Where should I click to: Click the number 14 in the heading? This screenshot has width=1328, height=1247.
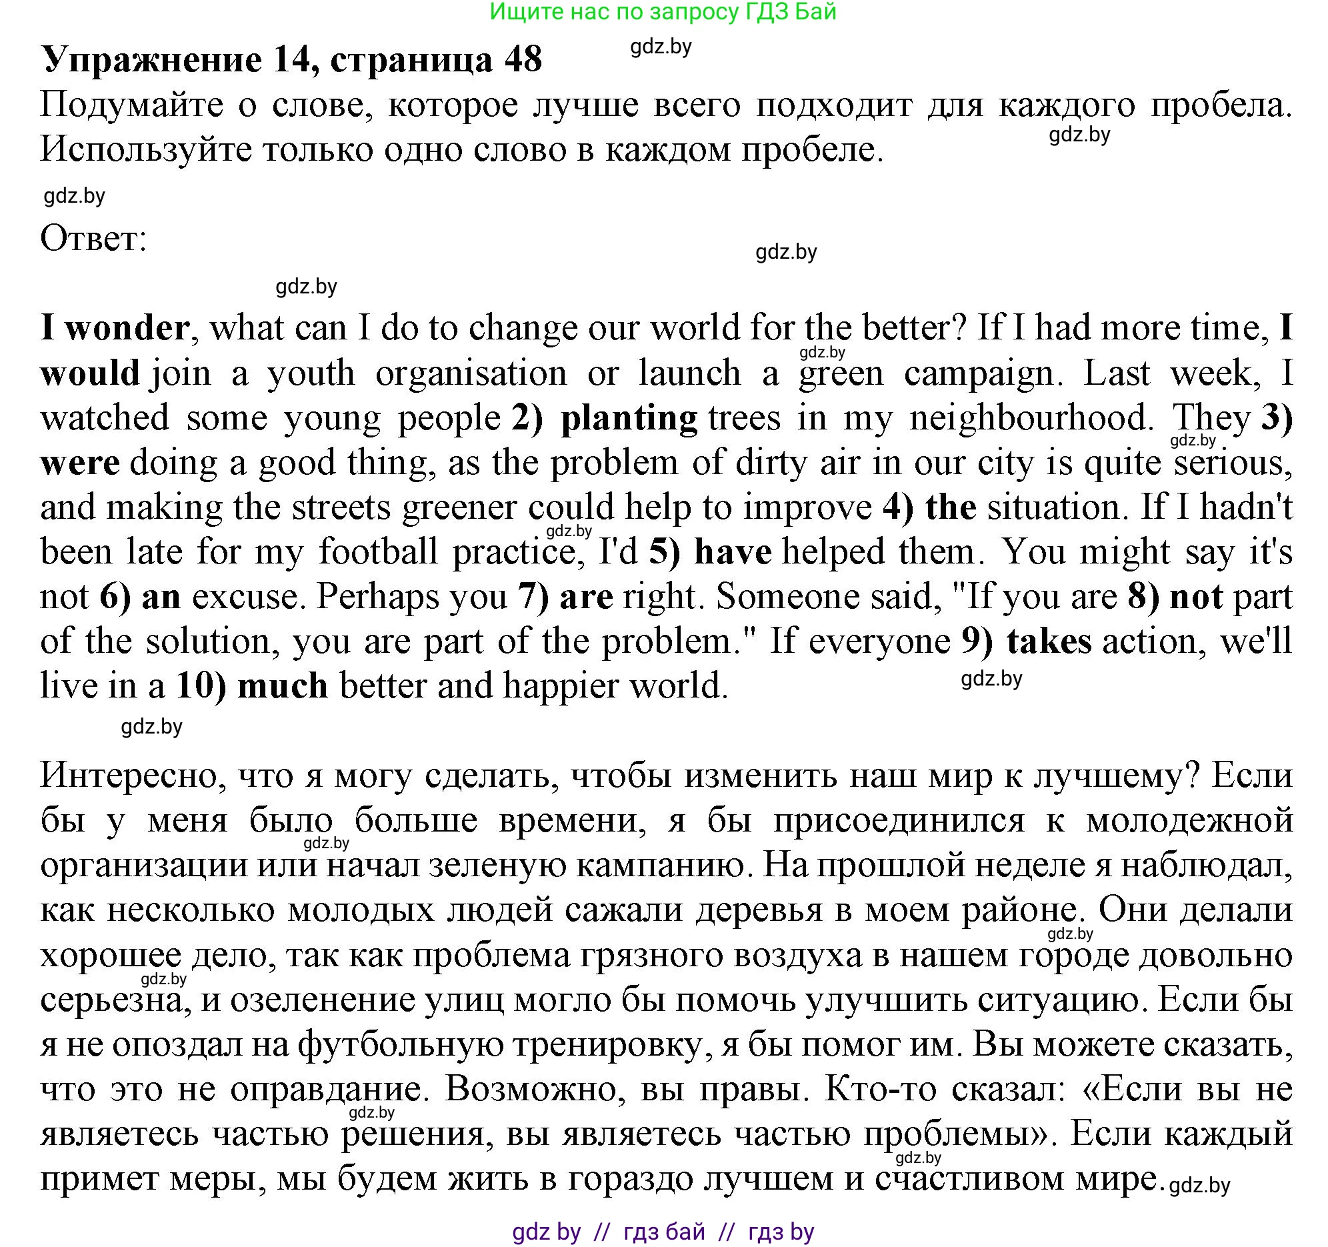point(293,60)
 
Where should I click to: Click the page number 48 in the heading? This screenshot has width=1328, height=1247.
point(523,60)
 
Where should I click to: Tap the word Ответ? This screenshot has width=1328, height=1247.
point(93,238)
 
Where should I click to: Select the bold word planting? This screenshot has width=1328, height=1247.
point(629,418)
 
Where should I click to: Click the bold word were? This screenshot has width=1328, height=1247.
point(80,463)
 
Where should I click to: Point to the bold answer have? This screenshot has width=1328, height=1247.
point(733,553)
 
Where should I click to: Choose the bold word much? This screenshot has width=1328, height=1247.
point(283,686)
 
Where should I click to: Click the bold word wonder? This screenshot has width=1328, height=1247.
point(127,328)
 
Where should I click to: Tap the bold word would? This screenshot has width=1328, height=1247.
point(90,373)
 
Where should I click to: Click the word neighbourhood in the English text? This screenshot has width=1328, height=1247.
point(1031,418)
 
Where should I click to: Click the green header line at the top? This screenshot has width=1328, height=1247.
point(663,12)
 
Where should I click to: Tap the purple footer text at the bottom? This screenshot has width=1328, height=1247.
point(663,1232)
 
